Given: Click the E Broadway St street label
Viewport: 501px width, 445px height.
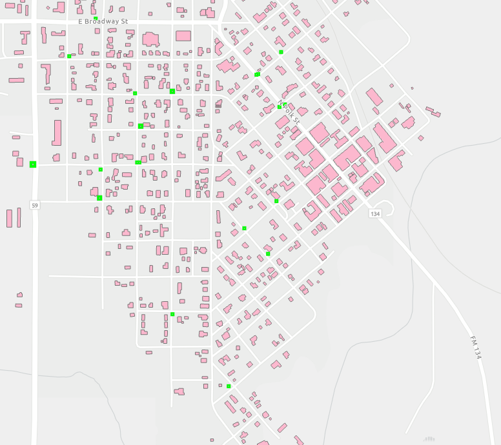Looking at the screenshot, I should tap(103, 21).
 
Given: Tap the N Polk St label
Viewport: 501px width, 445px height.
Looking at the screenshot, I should tap(289, 112).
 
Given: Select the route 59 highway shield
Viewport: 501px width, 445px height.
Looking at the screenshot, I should tap(35, 205).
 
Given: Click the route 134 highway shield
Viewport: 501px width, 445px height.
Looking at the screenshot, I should tap(375, 213).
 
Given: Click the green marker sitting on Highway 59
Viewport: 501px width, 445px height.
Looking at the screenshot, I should tap(33, 164).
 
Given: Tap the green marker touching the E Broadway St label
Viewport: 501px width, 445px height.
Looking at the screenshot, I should tap(96, 18).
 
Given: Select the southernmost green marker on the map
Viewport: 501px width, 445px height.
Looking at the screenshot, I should tap(229, 386).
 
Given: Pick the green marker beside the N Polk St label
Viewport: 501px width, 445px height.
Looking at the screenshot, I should tap(280, 107).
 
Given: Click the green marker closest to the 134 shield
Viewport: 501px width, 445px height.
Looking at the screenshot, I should tap(276, 201).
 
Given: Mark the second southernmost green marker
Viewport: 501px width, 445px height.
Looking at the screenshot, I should tap(172, 314).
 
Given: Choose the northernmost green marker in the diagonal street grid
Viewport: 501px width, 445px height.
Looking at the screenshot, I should tap(281, 52).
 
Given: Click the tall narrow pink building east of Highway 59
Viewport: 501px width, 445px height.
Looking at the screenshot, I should tap(57, 132).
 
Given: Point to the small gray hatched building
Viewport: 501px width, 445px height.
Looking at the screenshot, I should tap(217, 104).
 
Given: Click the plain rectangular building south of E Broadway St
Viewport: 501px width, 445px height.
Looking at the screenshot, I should tap(183, 36).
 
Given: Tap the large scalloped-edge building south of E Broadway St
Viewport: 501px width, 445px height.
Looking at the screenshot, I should tap(150, 39).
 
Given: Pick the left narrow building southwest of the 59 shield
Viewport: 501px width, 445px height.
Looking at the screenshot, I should tap(10, 218).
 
